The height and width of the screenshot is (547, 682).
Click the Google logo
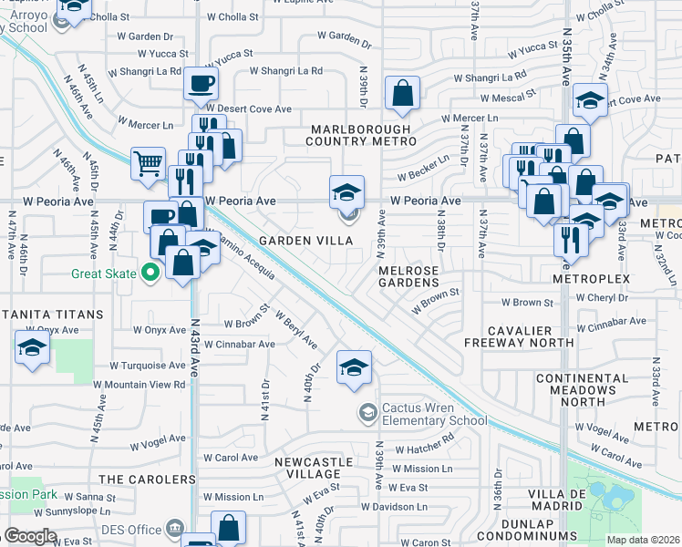pyautogui.click(x=30, y=536)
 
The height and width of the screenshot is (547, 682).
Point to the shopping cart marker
pyautogui.click(x=147, y=164)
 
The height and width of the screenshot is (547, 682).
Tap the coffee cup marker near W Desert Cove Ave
pyautogui.click(x=201, y=84)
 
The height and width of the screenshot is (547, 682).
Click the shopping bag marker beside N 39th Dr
pyautogui.click(x=401, y=92)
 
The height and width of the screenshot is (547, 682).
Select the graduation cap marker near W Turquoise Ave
pyautogui.click(x=32, y=347)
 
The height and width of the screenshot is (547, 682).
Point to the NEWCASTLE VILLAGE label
pyautogui.click(x=307, y=468)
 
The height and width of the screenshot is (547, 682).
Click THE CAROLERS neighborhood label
pyautogui.click(x=147, y=479)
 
